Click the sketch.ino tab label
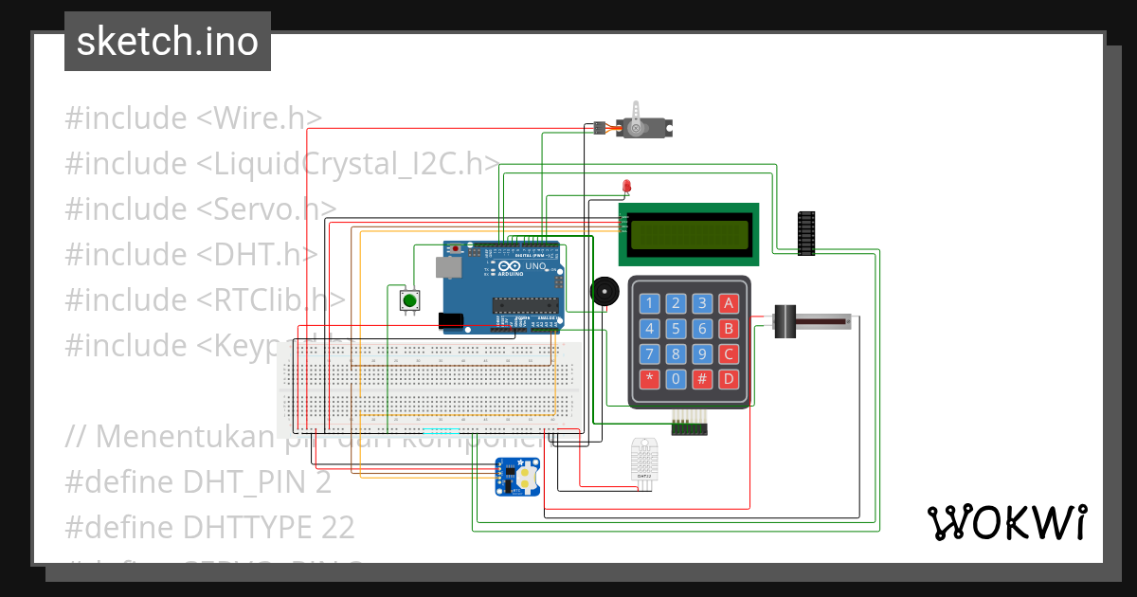pyautogui.click(x=167, y=42)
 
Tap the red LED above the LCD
pyautogui.click(x=626, y=185)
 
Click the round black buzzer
pyautogui.click(x=604, y=291)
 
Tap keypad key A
pyautogui.click(x=728, y=303)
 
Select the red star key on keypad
pyautogui.click(x=649, y=379)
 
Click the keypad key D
pyautogui.click(x=728, y=379)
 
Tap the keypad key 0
pyautogui.click(x=676, y=379)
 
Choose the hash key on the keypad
pyautogui.click(x=702, y=379)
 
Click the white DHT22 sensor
pyautogui.click(x=646, y=461)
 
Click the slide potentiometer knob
pyautogui.click(x=785, y=322)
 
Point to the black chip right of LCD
pyautogui.click(x=806, y=233)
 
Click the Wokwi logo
pyautogui.click(x=1006, y=522)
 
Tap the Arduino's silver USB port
pyautogui.click(x=444, y=268)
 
